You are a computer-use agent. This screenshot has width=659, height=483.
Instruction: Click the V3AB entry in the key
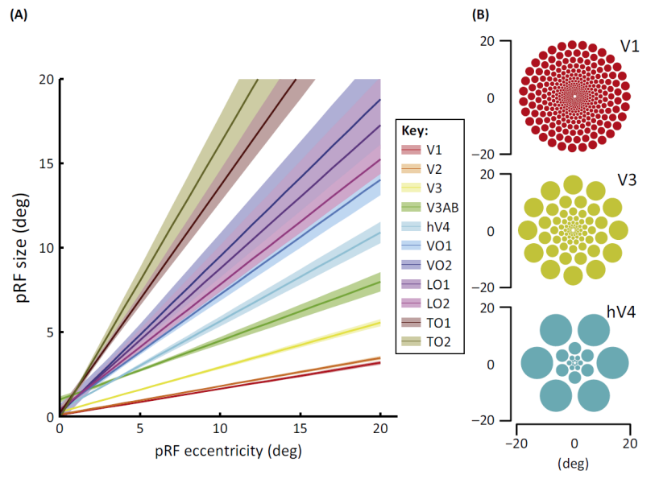point(431,207)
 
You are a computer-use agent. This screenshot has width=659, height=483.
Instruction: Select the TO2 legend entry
point(431,341)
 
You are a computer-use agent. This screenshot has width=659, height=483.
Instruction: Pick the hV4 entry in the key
point(431,226)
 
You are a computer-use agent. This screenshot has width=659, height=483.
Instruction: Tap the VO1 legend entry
point(431,246)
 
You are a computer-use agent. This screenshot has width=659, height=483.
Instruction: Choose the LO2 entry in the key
point(431,303)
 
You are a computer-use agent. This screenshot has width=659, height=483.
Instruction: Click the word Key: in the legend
point(417,130)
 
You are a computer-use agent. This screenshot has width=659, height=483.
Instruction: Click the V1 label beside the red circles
point(629,46)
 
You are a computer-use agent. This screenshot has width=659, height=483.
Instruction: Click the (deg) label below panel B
point(574,464)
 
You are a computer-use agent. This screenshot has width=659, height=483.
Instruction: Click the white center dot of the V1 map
point(574,97)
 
